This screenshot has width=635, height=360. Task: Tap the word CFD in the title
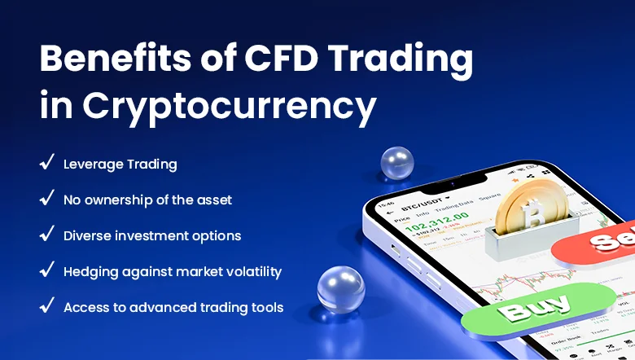click(286, 59)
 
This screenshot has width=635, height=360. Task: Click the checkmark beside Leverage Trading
click(46, 163)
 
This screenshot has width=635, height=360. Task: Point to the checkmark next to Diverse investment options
click(46, 235)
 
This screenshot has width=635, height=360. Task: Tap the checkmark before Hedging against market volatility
click(46, 270)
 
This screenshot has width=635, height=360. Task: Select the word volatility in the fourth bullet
click(252, 271)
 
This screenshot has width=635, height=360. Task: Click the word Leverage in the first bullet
click(92, 164)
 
